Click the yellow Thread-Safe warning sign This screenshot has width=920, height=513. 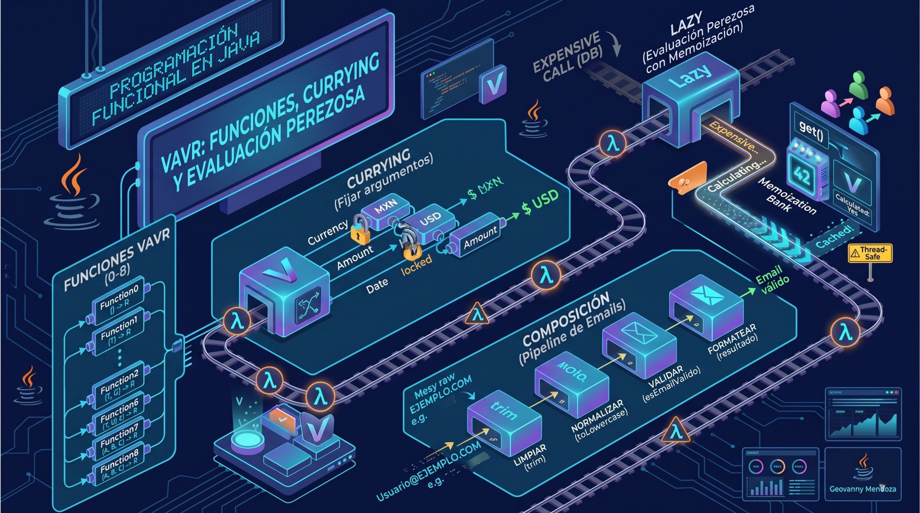870,253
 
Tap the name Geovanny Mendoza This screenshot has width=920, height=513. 862,489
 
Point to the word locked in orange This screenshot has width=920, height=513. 417,265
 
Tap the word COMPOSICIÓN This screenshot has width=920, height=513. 566,319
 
